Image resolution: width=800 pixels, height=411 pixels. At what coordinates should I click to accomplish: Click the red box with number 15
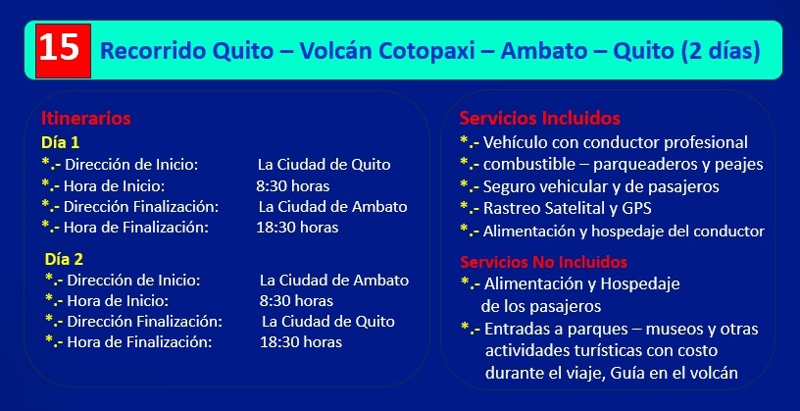(64, 51)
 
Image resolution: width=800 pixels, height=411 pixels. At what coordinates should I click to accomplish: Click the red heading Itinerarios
(85, 119)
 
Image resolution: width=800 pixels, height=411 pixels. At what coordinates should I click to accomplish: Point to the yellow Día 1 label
(60, 142)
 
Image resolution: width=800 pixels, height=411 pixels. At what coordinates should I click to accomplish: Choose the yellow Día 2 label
(64, 259)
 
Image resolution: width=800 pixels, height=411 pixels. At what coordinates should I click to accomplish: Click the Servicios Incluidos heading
(540, 119)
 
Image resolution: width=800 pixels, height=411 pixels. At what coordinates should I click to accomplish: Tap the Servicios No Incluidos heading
(543, 262)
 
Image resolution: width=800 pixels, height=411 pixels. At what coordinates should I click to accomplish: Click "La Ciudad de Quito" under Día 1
(324, 165)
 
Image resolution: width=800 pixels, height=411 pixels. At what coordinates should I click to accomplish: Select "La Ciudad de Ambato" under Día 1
(332, 207)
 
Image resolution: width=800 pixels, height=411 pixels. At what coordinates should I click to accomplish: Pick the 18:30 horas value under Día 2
(301, 341)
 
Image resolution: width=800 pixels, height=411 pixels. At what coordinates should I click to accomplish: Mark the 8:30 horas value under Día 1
(293, 185)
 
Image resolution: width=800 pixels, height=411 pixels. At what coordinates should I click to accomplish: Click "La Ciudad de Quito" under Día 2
(328, 322)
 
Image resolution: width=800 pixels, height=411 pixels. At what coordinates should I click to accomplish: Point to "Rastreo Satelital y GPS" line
(567, 208)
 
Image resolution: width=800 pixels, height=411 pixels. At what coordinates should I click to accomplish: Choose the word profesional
(710, 142)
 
